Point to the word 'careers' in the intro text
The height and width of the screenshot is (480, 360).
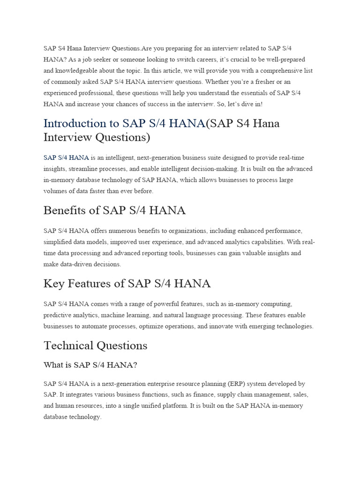[175, 60]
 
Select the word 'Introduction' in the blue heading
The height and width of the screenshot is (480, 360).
[76, 123]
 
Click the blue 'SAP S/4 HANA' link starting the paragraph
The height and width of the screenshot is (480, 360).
[66, 157]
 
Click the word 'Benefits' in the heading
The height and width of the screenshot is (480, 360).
[65, 210]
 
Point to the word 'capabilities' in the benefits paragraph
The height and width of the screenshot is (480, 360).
[271, 242]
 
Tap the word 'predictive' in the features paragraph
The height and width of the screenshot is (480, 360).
[60, 315]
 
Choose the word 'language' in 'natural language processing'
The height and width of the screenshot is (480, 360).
[210, 315]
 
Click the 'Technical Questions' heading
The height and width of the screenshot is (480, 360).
[95, 345]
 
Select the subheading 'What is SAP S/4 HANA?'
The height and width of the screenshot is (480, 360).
[90, 365]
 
